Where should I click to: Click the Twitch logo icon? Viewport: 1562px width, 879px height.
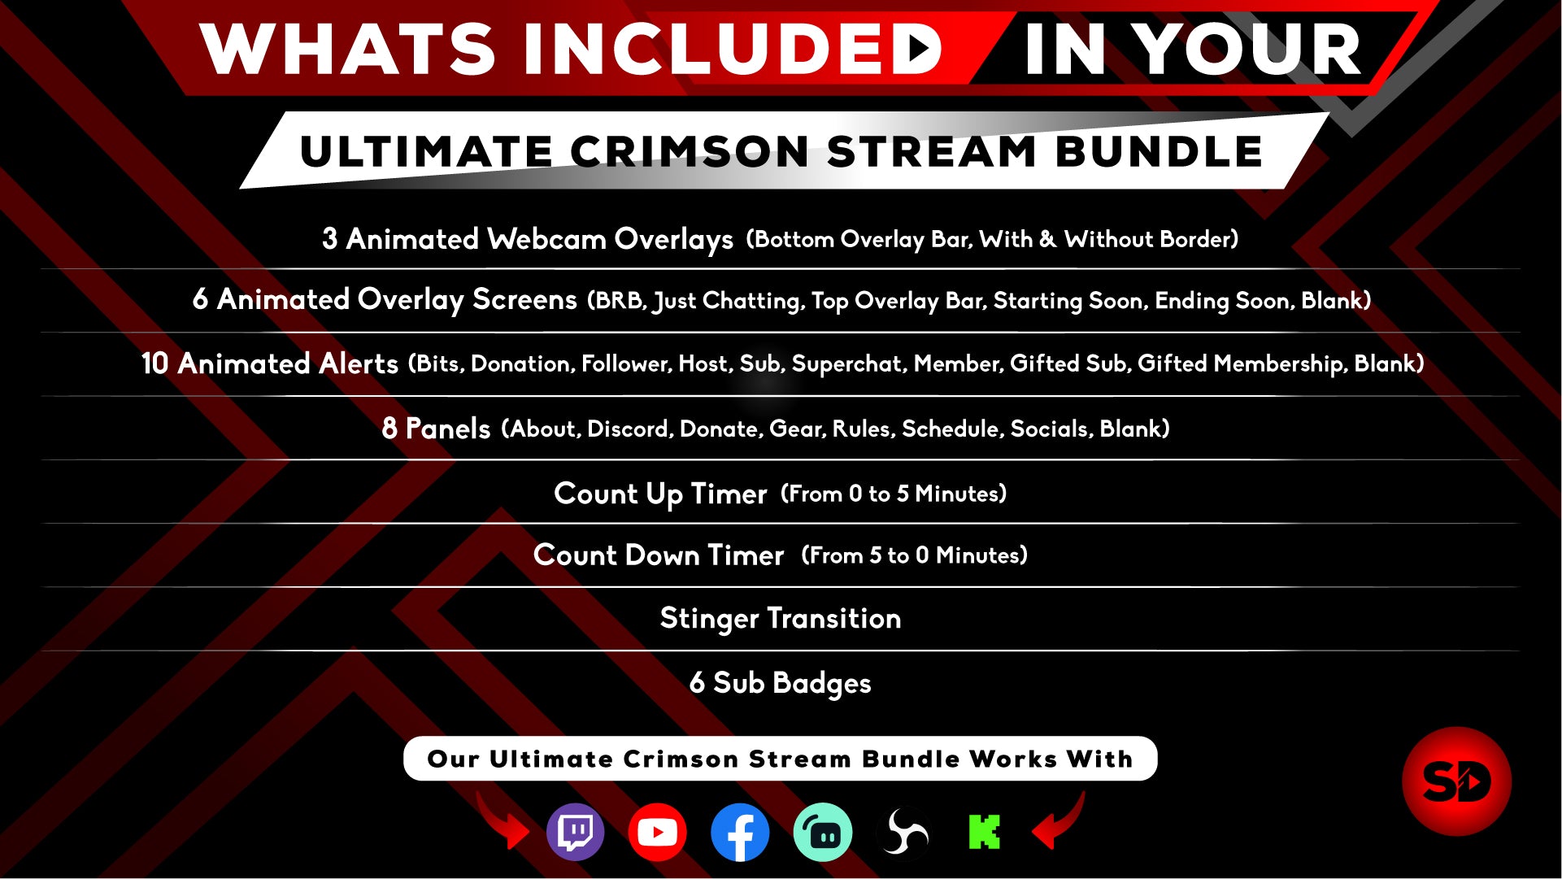click(576, 832)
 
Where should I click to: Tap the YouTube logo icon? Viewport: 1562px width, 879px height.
click(657, 832)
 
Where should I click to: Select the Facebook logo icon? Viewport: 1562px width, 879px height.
click(739, 832)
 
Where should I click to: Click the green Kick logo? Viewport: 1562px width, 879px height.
click(984, 832)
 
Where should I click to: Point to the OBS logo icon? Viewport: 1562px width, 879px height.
click(903, 832)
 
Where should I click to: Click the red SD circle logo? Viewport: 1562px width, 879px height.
click(1456, 781)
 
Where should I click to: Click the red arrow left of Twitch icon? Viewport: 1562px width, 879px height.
click(503, 821)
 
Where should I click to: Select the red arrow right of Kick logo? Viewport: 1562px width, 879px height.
click(1058, 821)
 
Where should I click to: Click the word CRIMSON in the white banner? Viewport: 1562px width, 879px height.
click(690, 152)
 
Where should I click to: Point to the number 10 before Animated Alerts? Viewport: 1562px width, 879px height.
click(154, 363)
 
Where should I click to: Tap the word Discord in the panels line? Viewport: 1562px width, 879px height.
click(630, 429)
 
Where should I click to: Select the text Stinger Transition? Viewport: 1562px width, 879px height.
click(781, 619)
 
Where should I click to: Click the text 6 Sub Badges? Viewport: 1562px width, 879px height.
click(781, 683)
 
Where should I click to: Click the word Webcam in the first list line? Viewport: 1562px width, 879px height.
click(546, 239)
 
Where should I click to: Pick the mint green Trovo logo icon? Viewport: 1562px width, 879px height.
click(822, 832)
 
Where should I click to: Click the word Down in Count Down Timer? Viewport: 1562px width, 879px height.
click(662, 555)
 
